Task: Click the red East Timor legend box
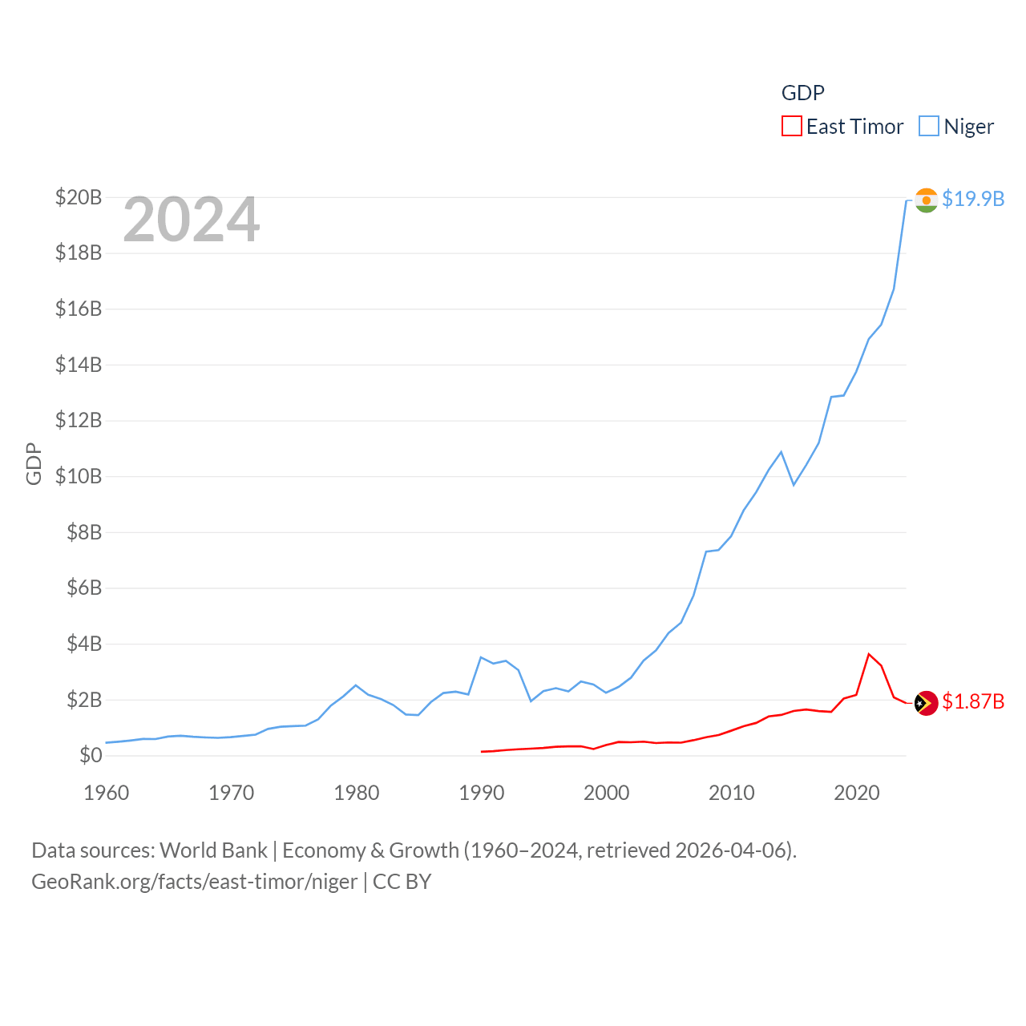click(791, 127)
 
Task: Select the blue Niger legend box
click(928, 127)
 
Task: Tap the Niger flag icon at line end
click(926, 200)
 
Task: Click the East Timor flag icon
click(926, 703)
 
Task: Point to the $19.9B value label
click(973, 199)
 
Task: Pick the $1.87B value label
click(973, 702)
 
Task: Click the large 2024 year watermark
click(191, 220)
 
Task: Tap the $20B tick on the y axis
click(79, 197)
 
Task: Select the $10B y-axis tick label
click(79, 476)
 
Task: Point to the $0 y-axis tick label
click(91, 755)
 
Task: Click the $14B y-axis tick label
click(79, 365)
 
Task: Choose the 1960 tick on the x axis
click(107, 793)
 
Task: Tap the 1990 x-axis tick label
click(482, 793)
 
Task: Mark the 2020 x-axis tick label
click(857, 793)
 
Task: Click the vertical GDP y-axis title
click(34, 463)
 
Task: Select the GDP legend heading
click(802, 93)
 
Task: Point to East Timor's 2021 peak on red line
click(869, 654)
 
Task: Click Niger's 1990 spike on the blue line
click(481, 657)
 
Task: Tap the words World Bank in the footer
click(214, 850)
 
